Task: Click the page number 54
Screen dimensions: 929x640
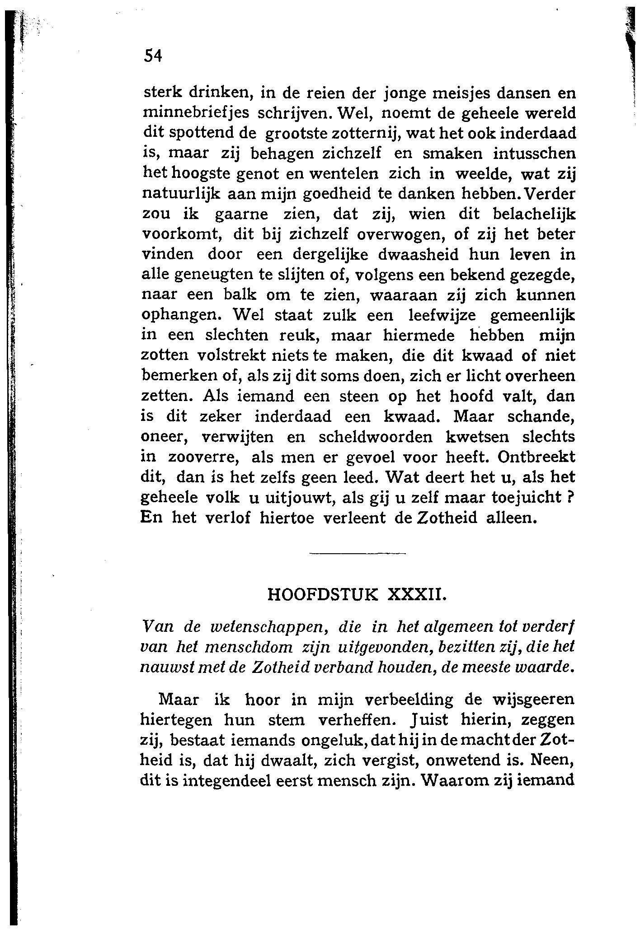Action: (152, 56)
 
